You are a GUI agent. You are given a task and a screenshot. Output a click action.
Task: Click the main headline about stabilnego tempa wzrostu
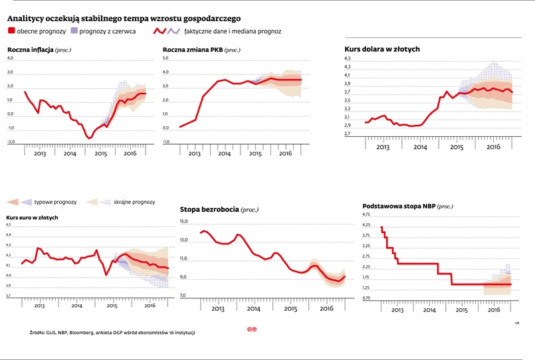point(124,17)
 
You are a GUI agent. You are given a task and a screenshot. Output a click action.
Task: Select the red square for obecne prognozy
point(11,31)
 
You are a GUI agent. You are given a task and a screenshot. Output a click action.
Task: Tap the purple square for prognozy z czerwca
point(74,31)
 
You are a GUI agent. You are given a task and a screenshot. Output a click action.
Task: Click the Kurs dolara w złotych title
point(382,49)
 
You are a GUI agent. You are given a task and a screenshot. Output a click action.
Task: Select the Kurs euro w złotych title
point(32,217)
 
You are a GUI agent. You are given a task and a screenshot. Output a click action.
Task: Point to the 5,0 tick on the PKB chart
point(166,59)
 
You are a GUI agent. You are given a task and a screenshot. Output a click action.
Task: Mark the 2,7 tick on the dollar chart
point(347,134)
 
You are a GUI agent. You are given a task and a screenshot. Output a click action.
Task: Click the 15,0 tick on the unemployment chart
point(184,221)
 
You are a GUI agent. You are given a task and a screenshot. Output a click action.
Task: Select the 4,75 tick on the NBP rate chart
point(367,215)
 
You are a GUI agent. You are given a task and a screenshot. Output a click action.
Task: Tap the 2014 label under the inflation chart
point(69,153)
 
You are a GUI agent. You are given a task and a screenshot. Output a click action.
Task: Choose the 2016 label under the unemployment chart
point(327,309)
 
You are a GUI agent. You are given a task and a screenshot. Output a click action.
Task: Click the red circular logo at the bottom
point(251,329)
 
